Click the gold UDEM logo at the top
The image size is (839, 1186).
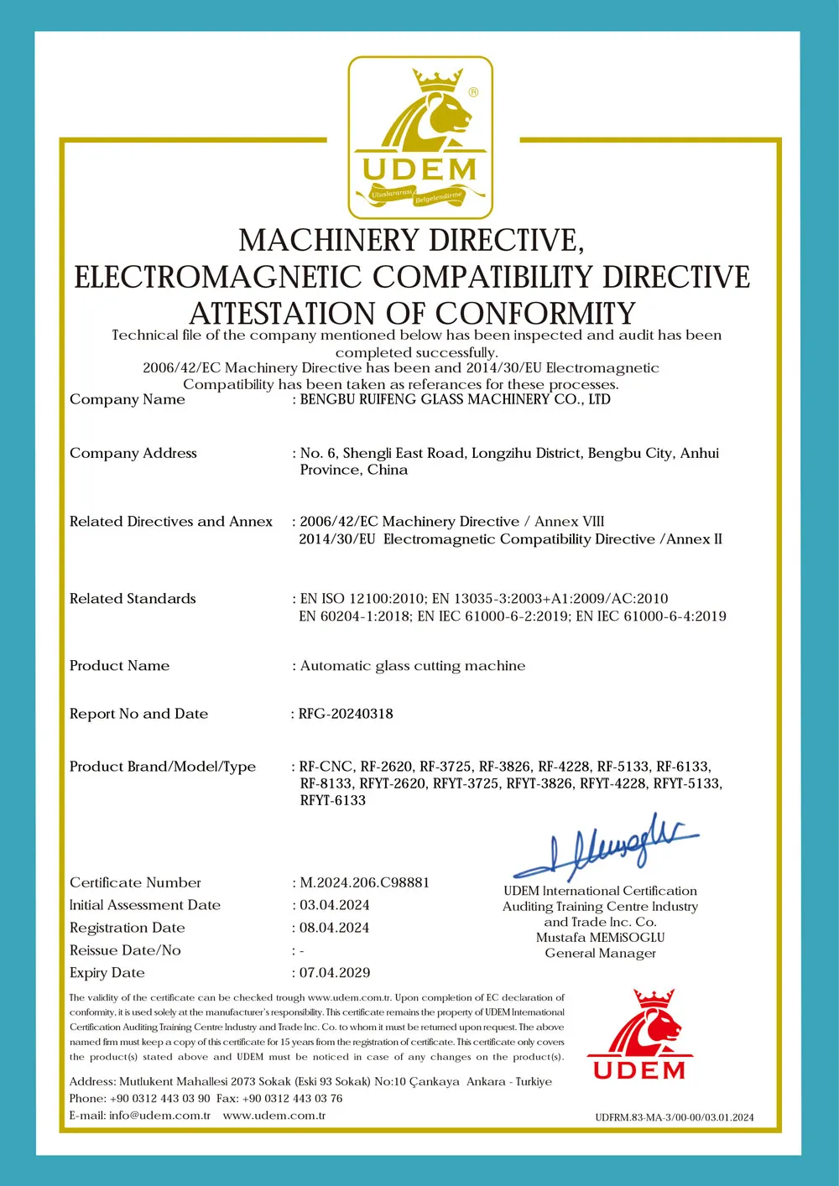pyautogui.click(x=419, y=138)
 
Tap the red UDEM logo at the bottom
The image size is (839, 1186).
pyautogui.click(x=640, y=1036)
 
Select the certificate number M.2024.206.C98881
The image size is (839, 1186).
pyautogui.click(x=365, y=882)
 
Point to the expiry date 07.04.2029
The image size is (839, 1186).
pyautogui.click(x=335, y=972)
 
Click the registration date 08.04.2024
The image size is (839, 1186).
pyautogui.click(x=335, y=928)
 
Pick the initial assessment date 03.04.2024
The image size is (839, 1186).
pyautogui.click(x=335, y=905)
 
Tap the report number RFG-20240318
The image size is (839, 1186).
pyautogui.click(x=346, y=714)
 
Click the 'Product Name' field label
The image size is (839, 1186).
pyautogui.click(x=119, y=666)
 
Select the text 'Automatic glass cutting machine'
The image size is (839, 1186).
pyautogui.click(x=413, y=666)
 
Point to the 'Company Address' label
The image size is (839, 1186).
pyautogui.click(x=133, y=453)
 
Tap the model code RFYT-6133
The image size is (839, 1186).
pyautogui.click(x=333, y=800)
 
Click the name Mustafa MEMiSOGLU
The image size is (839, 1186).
pyautogui.click(x=600, y=937)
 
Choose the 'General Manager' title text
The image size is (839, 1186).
pyautogui.click(x=600, y=953)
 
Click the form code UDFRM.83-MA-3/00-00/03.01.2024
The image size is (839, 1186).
pyautogui.click(x=674, y=1117)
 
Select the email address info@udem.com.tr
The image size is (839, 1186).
pyautogui.click(x=159, y=1116)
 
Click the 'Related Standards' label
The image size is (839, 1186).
pyautogui.click(x=133, y=599)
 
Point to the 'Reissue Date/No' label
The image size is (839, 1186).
pyautogui.click(x=125, y=950)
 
